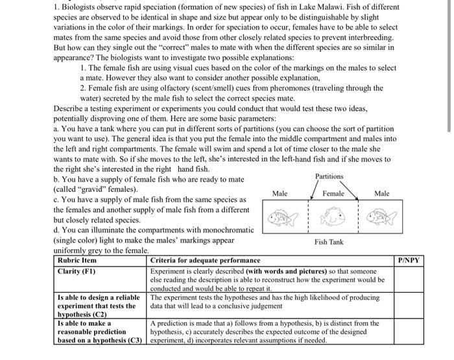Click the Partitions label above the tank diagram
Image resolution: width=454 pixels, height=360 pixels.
tap(329, 176)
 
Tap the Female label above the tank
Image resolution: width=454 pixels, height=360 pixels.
tap(333, 193)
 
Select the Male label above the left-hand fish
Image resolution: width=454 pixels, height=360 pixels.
tap(280, 193)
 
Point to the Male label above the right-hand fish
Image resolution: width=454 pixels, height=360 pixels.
tap(382, 193)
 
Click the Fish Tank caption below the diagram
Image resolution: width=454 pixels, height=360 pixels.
tap(329, 241)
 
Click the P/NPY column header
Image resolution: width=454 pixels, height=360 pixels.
tap(409, 260)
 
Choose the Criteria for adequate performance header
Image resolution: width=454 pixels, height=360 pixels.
tap(205, 260)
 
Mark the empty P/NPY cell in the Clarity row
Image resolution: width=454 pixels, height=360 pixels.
tap(409, 279)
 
